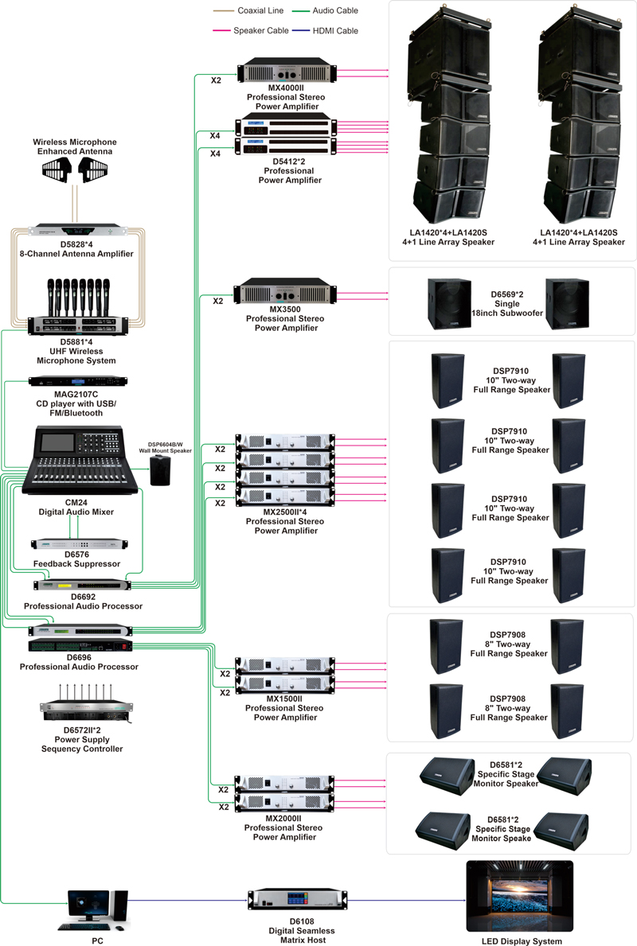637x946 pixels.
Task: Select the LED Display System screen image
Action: (x=519, y=897)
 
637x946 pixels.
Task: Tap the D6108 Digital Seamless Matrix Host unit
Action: (x=296, y=900)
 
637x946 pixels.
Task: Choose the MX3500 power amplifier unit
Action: (x=285, y=290)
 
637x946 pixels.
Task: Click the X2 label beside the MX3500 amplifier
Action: (x=217, y=302)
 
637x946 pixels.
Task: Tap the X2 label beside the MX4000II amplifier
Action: (x=216, y=80)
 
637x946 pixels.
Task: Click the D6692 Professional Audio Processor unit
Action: (x=82, y=585)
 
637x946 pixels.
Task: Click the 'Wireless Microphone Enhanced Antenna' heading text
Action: (x=75, y=146)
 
